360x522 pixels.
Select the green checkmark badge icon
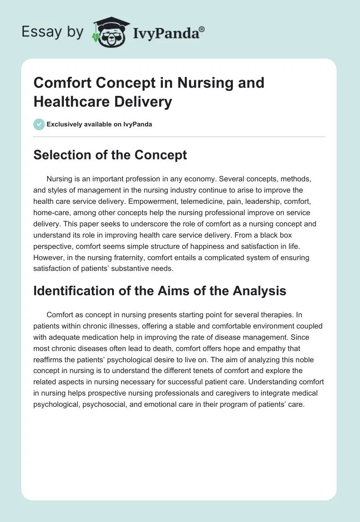(x=39, y=124)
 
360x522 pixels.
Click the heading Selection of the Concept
(x=110, y=155)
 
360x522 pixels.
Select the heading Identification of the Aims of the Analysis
(x=160, y=291)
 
